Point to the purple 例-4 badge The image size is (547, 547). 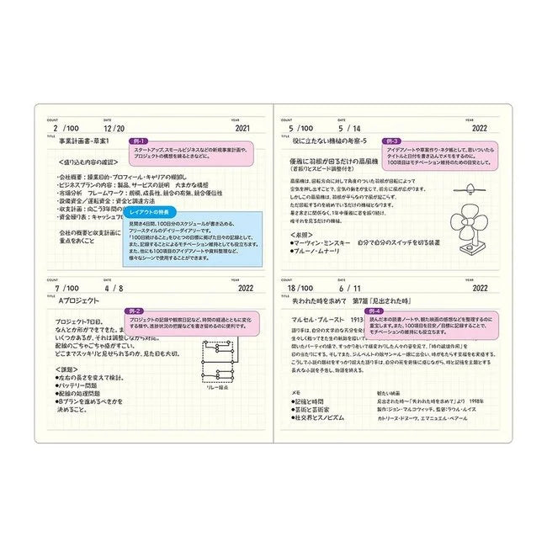(391, 311)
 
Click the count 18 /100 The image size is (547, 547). (300, 287)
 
